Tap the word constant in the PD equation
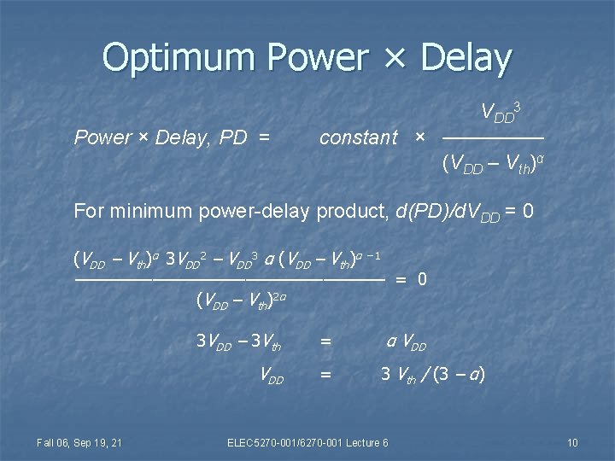[x=359, y=137]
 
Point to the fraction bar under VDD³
[x=494, y=137]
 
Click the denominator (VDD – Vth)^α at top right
[x=493, y=164]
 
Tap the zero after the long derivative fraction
[x=422, y=279]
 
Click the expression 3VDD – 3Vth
[x=238, y=342]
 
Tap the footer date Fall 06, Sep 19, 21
[x=79, y=442]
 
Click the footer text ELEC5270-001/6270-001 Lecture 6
[x=307, y=442]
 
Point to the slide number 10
[x=572, y=442]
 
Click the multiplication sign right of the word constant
[x=419, y=137]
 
